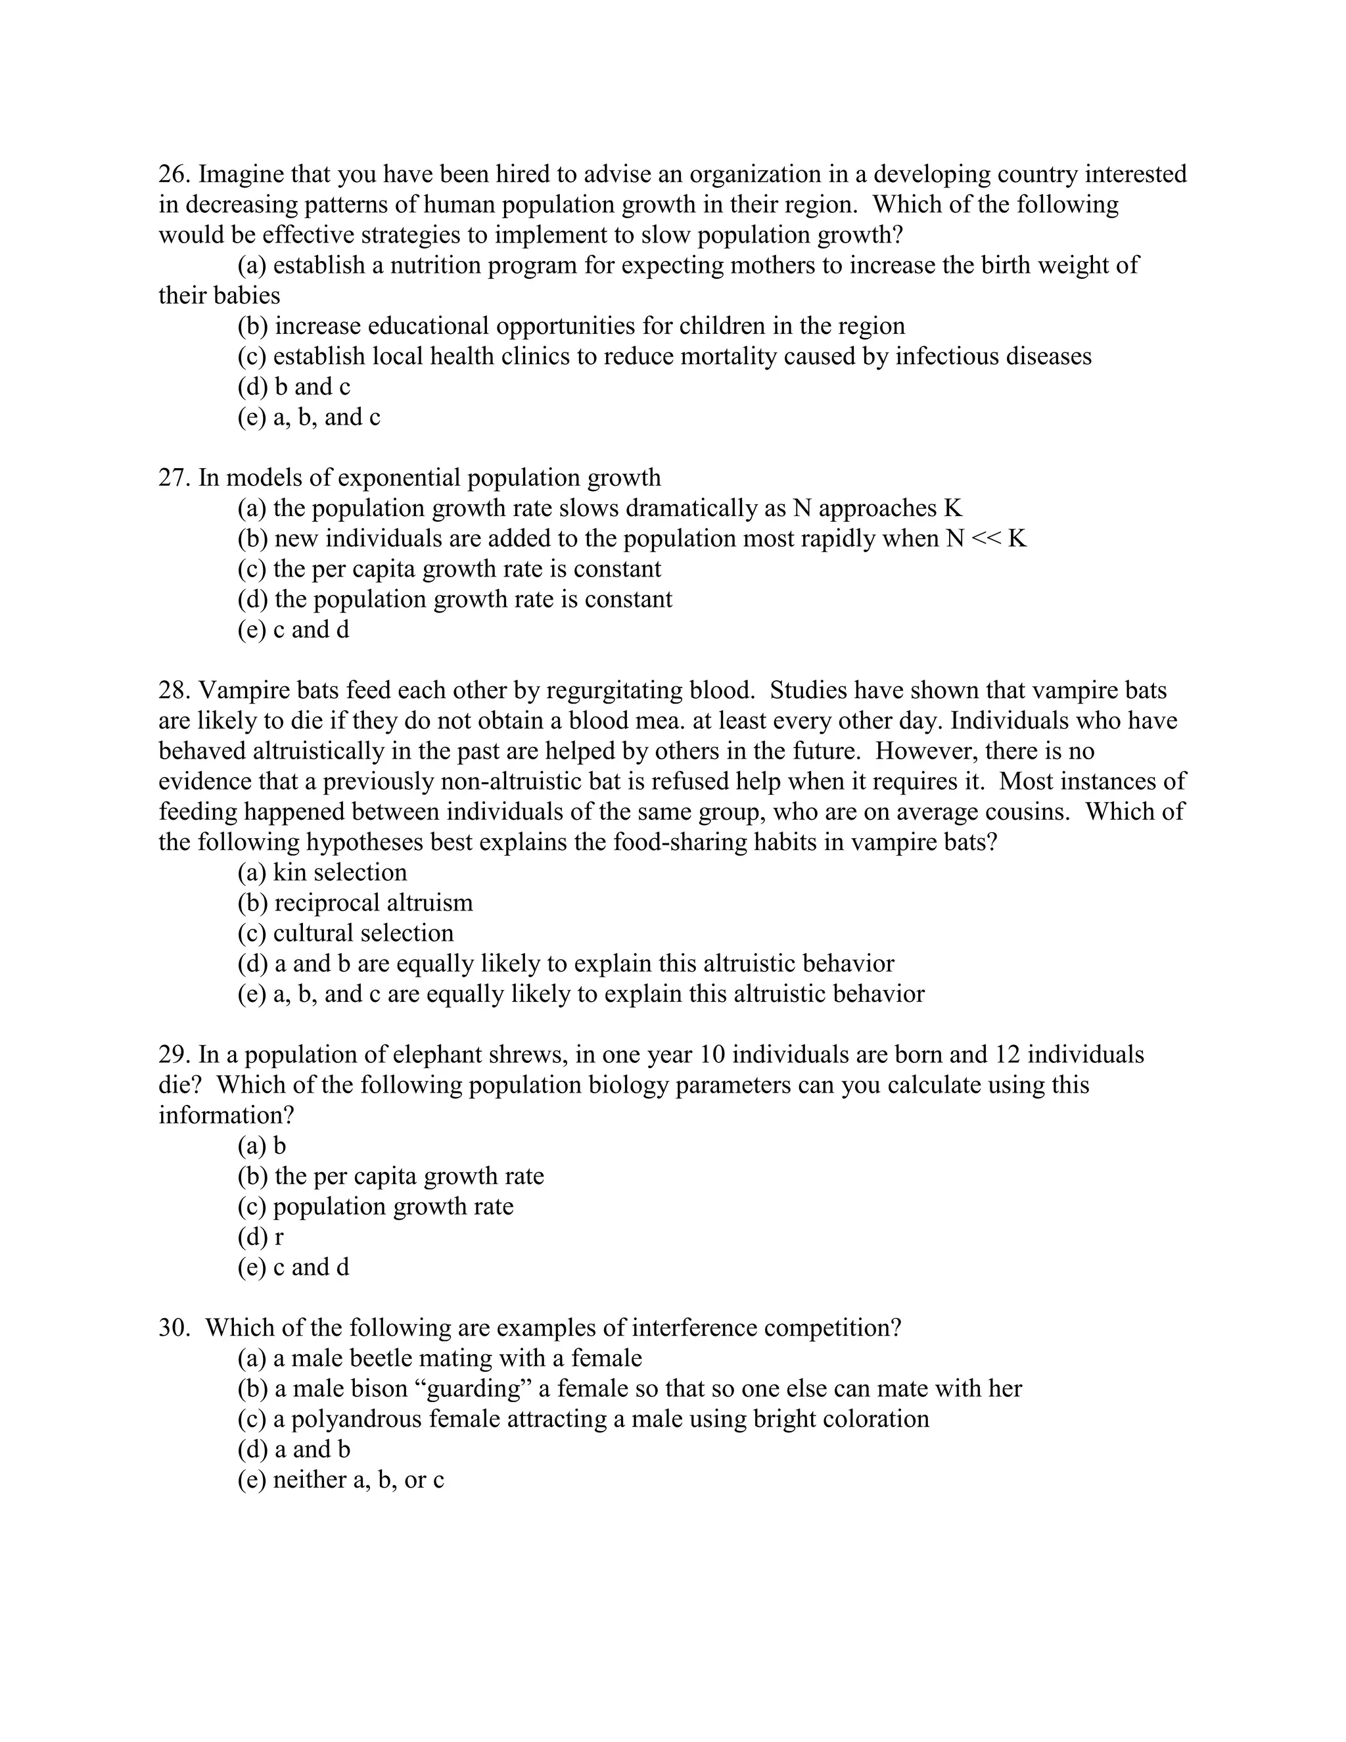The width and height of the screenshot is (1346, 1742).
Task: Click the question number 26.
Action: click(x=173, y=174)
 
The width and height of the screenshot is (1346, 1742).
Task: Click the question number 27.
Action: click(x=173, y=478)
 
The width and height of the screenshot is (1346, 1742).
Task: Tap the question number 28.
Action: click(x=173, y=690)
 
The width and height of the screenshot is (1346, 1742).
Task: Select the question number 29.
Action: click(x=173, y=1054)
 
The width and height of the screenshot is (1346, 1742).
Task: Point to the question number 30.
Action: click(x=173, y=1328)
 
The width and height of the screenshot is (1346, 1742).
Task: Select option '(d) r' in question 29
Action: click(x=260, y=1237)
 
